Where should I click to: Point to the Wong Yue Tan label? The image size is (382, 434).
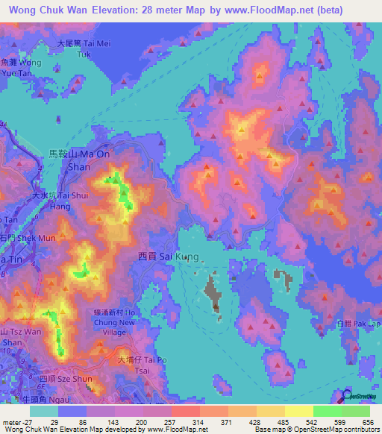(x=21, y=69)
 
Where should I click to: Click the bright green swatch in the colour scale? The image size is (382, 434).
(x=327, y=411)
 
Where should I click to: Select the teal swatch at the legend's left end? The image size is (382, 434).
(x=44, y=411)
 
